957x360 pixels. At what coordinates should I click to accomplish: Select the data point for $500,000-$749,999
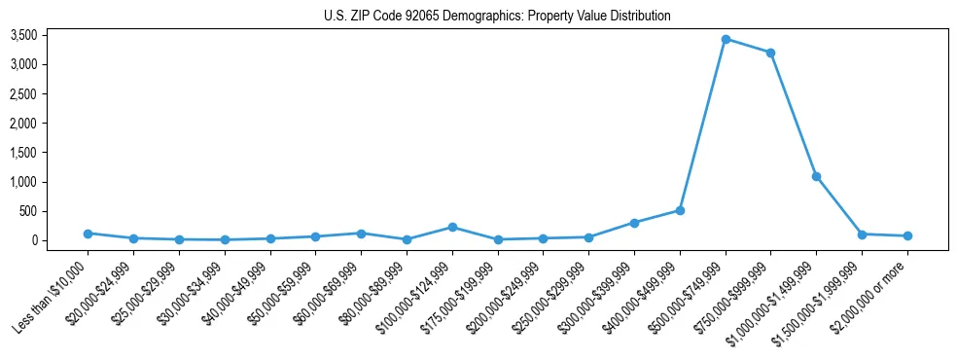pos(726,39)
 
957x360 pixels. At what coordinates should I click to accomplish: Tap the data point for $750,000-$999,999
pos(770,53)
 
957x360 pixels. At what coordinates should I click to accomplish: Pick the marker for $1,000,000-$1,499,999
pos(816,176)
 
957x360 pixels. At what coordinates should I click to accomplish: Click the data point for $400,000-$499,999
pos(680,210)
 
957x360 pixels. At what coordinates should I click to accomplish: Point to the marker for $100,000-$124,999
pos(452,227)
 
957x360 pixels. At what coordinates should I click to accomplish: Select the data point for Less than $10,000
pos(89,234)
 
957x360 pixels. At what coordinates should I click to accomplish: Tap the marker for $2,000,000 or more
pos(907,235)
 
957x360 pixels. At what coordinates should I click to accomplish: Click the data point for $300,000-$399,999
pos(634,223)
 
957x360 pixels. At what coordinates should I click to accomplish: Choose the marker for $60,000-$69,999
pos(361,234)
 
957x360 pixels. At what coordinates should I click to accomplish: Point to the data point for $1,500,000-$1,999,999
pos(862,234)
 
